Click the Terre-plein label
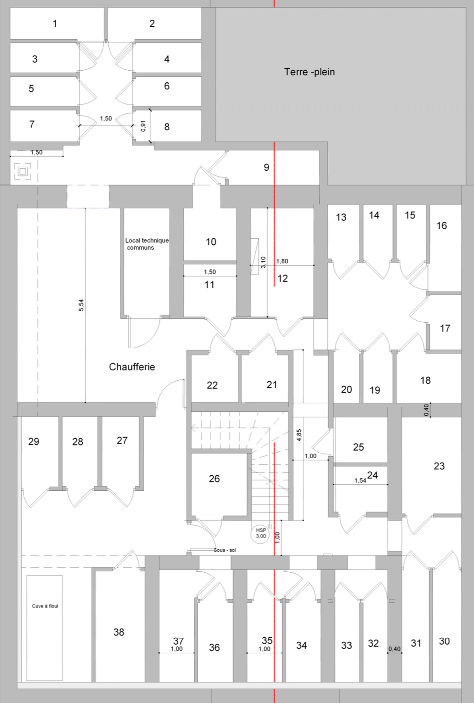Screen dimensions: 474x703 [309, 72]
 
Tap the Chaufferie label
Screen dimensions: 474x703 [132, 367]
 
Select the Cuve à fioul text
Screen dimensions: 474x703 [45, 606]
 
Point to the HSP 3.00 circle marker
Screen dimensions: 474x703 [260, 533]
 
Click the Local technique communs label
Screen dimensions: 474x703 [147, 244]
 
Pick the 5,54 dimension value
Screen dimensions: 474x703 [81, 305]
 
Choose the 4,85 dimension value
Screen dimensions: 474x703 [299, 435]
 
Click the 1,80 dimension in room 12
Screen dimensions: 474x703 [282, 261]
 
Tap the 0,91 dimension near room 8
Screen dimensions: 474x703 [143, 126]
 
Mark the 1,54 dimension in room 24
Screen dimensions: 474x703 [361, 480]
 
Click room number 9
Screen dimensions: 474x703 [266, 167]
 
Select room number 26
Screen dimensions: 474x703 [214, 479]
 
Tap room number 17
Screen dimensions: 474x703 [445, 328]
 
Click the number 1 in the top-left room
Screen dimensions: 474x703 [55, 23]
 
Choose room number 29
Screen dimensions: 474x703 [34, 442]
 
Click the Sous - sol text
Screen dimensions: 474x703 [225, 550]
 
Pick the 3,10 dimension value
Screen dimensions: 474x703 [263, 262]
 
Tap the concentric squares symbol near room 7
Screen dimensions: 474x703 [23, 171]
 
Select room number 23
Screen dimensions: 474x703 [439, 466]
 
